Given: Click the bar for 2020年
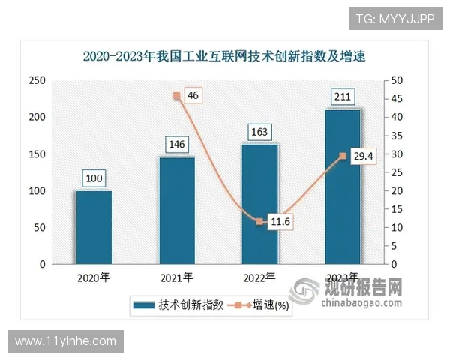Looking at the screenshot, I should [94, 228].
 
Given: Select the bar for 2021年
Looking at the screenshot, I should [177, 211].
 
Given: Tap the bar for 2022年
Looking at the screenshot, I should [260, 204].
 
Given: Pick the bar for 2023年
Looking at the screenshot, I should [343, 187].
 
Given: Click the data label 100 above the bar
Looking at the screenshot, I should [94, 178].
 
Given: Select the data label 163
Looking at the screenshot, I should [260, 132].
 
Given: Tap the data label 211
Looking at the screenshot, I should [343, 97].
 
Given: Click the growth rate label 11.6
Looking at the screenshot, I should [280, 222].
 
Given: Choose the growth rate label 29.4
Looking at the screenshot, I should [363, 156].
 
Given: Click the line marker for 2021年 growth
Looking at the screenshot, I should [177, 95].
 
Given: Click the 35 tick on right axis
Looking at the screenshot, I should [397, 136].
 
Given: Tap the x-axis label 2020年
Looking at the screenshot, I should [94, 277].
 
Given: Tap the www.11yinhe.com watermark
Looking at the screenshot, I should [66, 341].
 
